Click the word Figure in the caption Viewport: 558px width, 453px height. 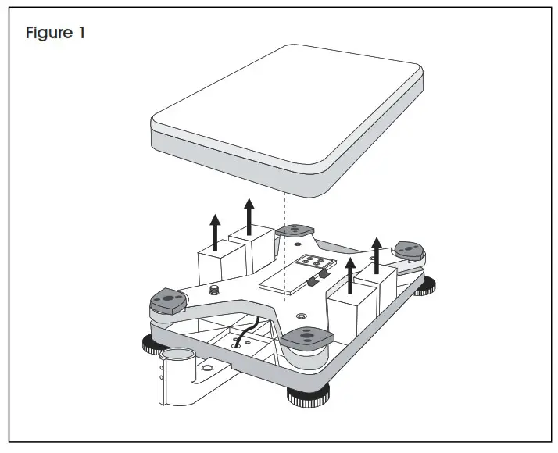click(x=48, y=34)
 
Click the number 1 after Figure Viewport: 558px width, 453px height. click(x=80, y=34)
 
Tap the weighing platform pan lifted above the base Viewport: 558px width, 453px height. click(x=287, y=117)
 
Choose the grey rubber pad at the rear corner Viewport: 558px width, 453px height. click(x=294, y=230)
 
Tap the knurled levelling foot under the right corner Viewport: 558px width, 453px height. click(x=427, y=287)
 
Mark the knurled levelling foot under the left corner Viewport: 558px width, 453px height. click(x=153, y=344)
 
